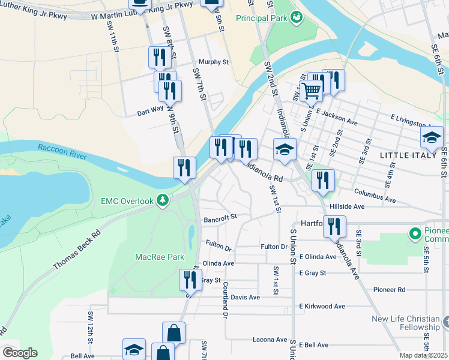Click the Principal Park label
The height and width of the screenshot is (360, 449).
tap(261, 19)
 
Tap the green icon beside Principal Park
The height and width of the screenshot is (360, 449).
tap(295, 18)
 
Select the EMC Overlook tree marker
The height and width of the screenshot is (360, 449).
tap(162, 200)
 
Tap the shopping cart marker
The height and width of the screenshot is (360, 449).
tap(311, 92)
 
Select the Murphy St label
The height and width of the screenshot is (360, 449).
tap(214, 62)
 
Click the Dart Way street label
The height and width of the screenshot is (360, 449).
tap(150, 110)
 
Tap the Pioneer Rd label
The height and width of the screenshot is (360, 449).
tap(388, 289)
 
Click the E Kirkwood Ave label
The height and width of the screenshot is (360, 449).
tap(322, 306)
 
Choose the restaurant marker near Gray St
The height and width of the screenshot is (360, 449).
tap(190, 280)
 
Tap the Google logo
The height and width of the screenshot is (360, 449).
tap(20, 353)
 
